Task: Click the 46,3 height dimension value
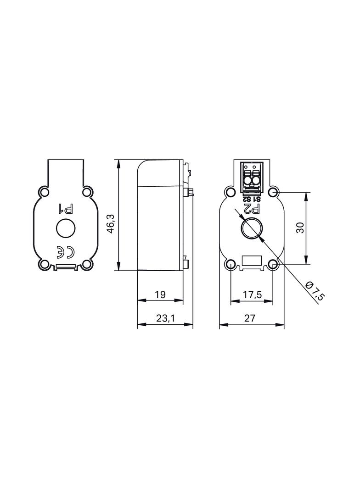(x=112, y=223)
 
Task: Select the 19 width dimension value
(x=160, y=294)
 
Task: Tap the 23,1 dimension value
(x=166, y=318)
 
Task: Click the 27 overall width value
(x=250, y=318)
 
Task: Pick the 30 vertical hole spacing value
(x=300, y=228)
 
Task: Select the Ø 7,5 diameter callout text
(x=315, y=291)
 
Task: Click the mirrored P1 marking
(x=66, y=209)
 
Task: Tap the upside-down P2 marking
(x=252, y=209)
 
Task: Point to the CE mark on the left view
(x=66, y=252)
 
